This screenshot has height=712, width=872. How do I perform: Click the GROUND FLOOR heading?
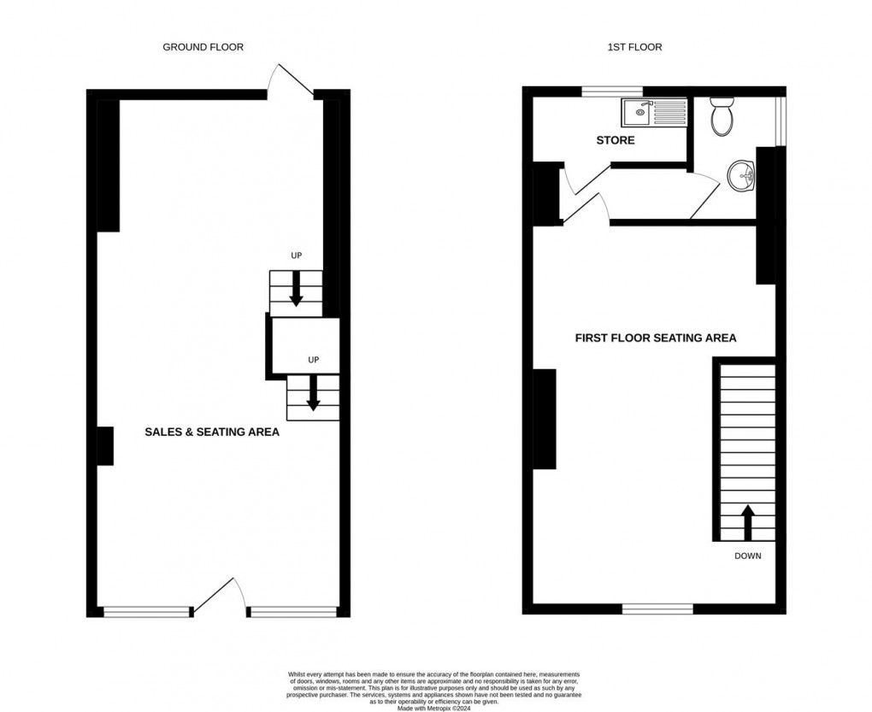tap(203, 47)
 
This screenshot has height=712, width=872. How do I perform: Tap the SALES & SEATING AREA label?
tap(212, 432)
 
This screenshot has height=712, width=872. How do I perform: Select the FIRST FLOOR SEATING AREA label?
tap(655, 338)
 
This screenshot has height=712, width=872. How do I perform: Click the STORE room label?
tap(616, 140)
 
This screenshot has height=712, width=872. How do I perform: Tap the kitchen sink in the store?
tap(638, 111)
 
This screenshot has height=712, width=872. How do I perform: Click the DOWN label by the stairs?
tap(747, 556)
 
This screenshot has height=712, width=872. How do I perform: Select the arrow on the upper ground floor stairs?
tap(296, 288)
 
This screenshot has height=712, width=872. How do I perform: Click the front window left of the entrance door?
tap(146, 611)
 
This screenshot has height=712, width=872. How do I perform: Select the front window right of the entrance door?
tap(292, 611)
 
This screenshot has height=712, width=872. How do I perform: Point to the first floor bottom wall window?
tap(657, 609)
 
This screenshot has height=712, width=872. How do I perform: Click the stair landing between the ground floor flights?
tap(304, 346)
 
